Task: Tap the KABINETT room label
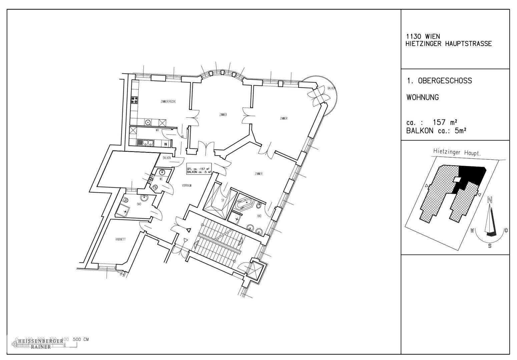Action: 120,239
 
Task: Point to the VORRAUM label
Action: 186,185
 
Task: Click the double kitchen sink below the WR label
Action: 147,143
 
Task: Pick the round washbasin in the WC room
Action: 162,172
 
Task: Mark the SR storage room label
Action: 223,200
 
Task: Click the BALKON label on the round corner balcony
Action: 331,88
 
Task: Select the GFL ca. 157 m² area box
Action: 199,170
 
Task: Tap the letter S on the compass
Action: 490,246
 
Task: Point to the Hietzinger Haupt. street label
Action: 459,152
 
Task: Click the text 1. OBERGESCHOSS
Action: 439,81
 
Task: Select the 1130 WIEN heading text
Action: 423,36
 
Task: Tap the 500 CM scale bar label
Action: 81,339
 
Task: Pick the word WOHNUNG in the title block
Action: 422,98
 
